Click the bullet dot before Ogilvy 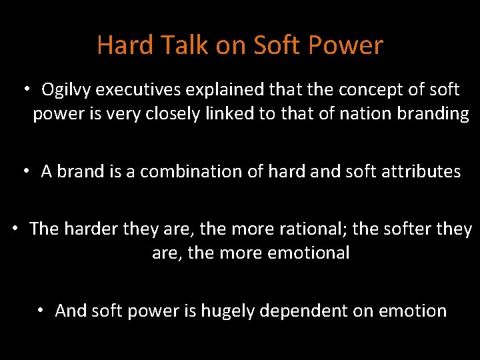click(27, 89)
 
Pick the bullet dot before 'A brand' click(27, 171)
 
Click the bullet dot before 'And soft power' click(41, 310)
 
